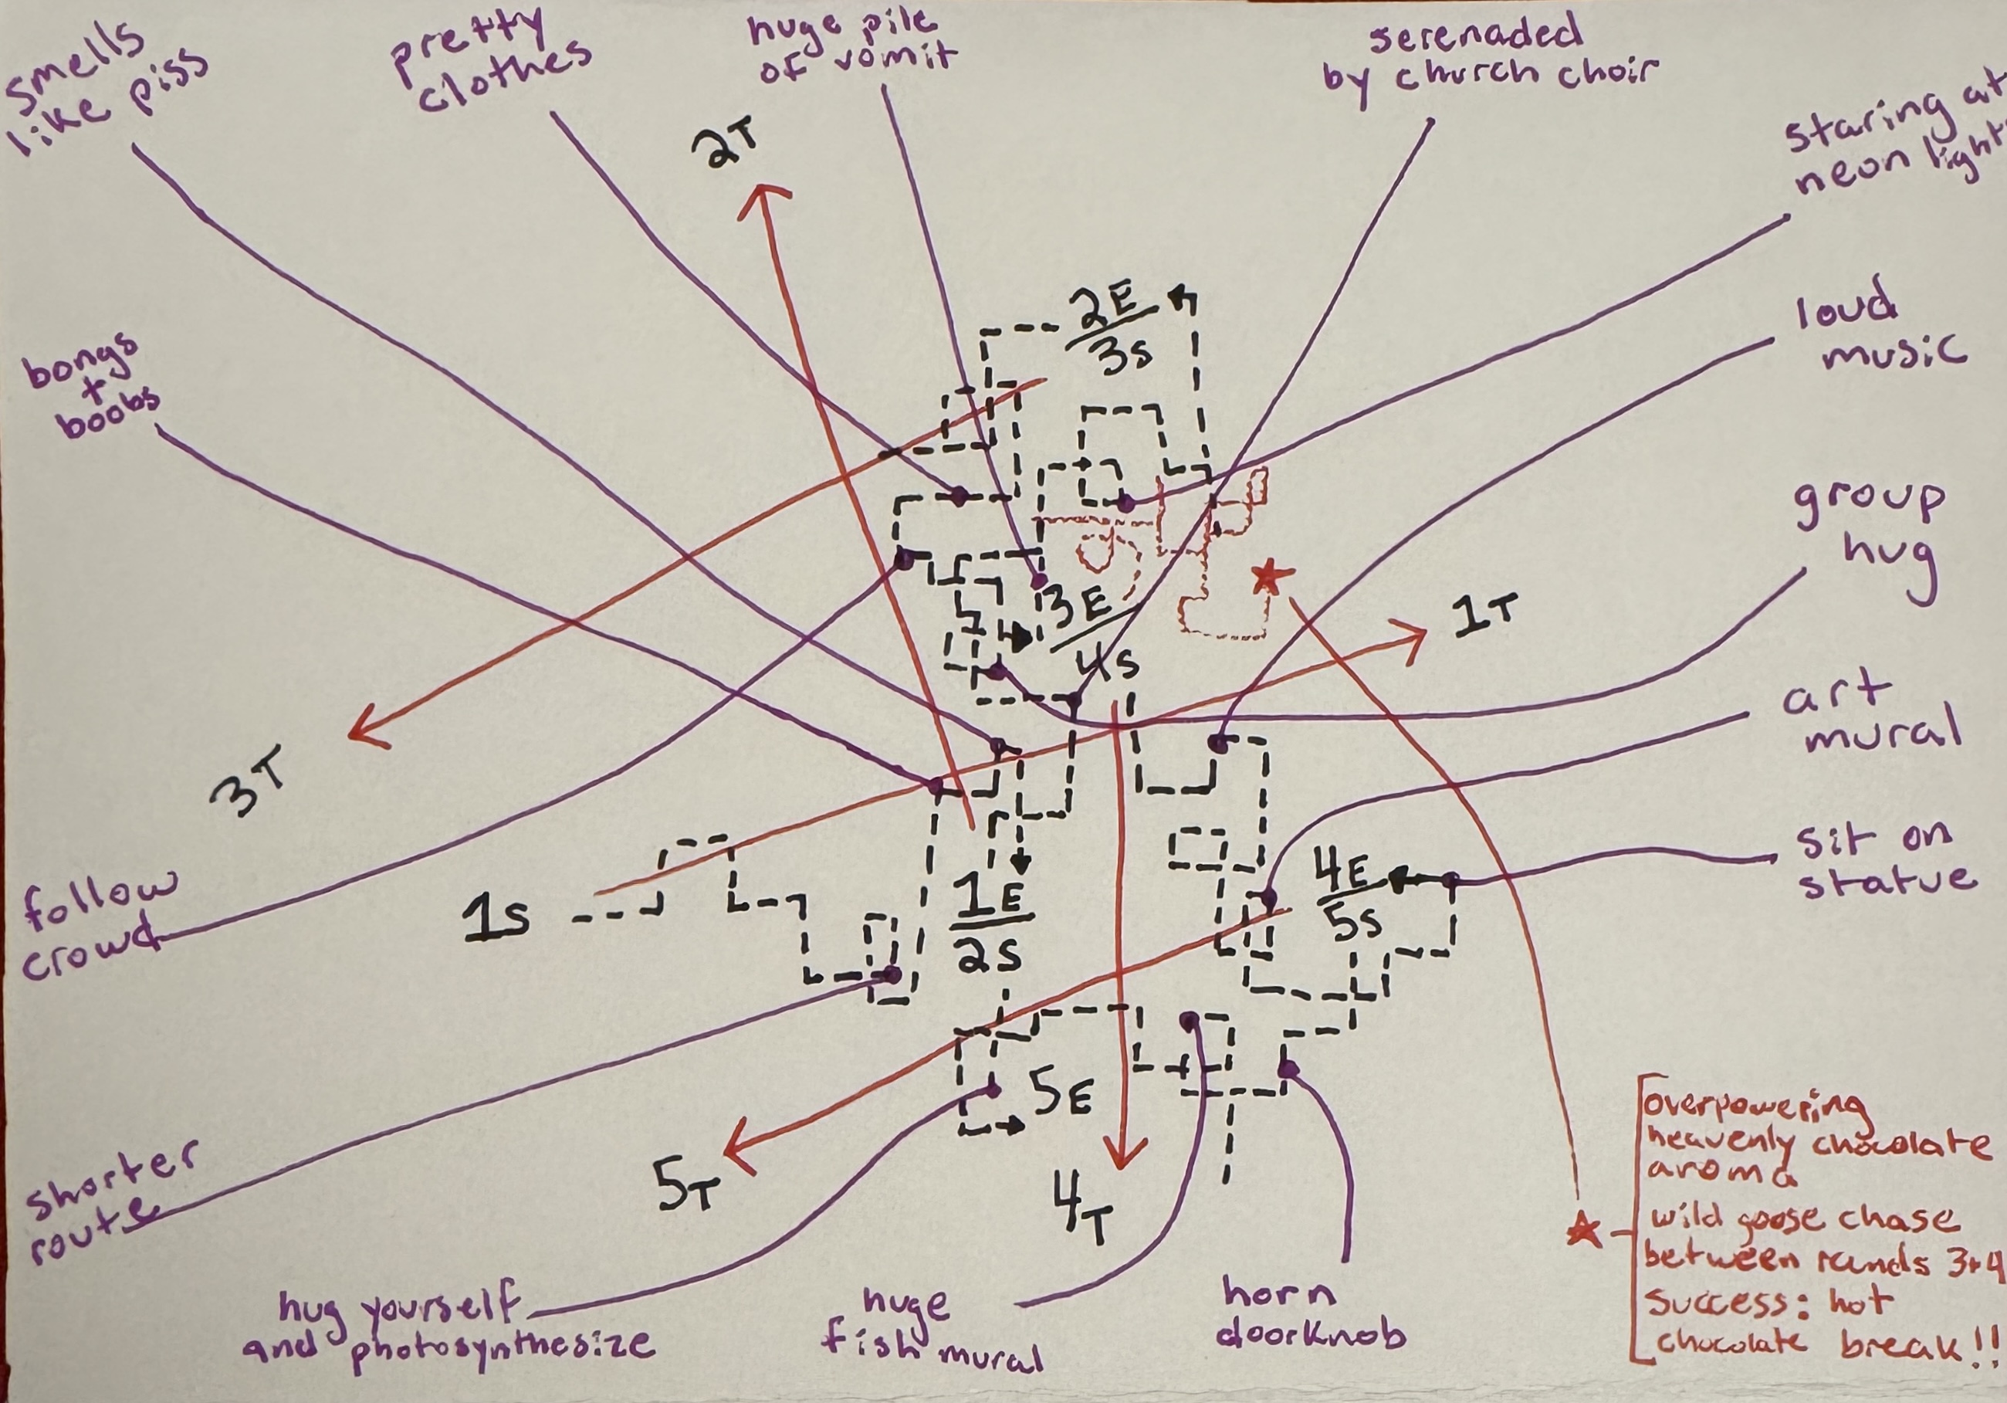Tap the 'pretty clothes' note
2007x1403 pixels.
[x=489, y=61]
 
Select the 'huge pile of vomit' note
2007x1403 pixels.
[x=852, y=48]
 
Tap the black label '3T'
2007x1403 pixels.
[x=249, y=791]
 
